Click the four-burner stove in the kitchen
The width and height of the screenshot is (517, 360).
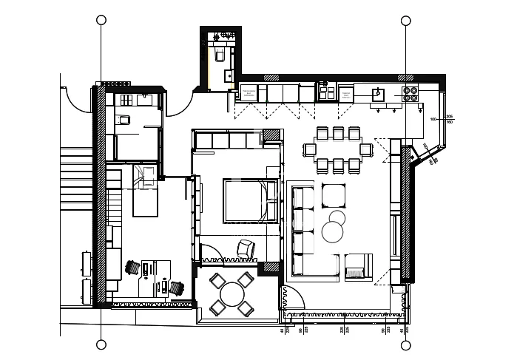tap(410, 93)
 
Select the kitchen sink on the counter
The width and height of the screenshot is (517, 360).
tap(377, 93)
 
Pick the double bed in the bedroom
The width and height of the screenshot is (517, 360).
tap(245, 200)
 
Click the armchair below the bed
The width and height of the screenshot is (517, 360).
tap(245, 250)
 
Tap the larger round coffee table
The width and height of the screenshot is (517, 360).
tap(333, 233)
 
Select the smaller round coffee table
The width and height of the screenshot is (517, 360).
tap(337, 217)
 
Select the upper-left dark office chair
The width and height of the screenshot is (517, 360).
tap(134, 268)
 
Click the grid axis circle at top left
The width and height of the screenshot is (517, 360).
tap(101, 20)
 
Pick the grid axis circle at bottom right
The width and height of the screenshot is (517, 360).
tap(405, 344)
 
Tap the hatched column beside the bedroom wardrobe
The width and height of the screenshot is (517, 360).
tap(272, 135)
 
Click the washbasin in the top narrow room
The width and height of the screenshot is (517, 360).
tap(228, 74)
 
